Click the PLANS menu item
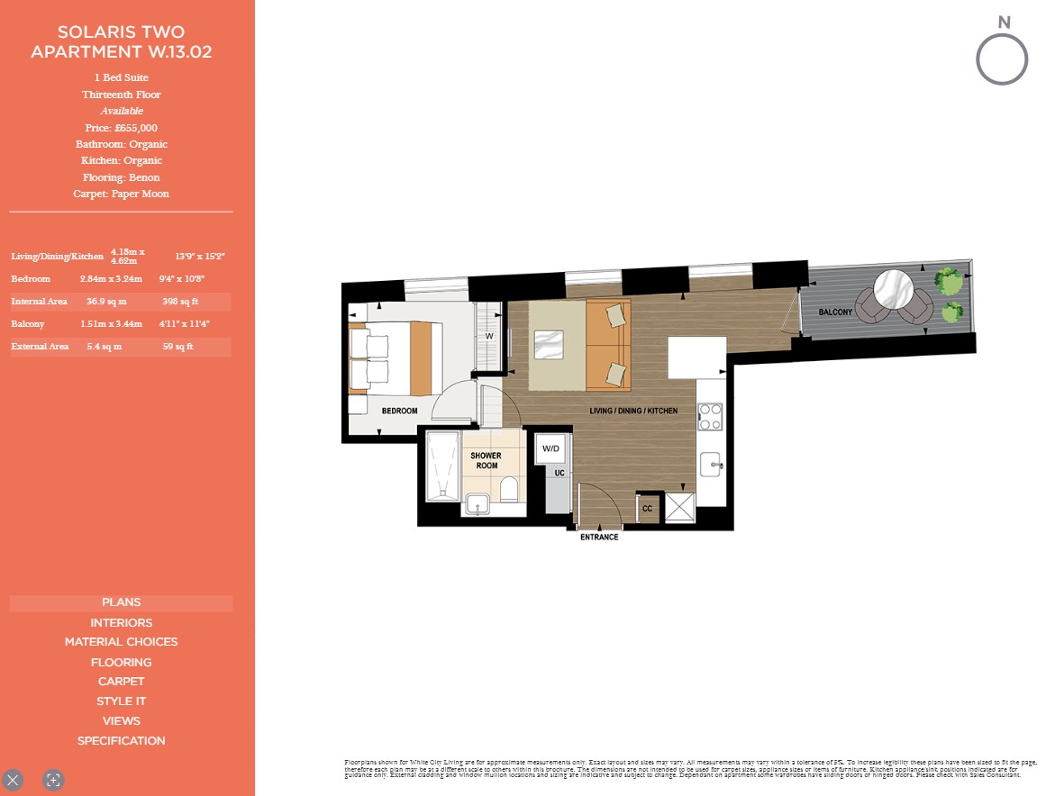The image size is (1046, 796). pos(121,602)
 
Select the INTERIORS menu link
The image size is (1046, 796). pos(121,623)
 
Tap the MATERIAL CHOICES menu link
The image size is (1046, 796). pos(121,642)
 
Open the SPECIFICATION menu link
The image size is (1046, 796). pos(121,741)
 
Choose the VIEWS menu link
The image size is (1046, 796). pos(121,721)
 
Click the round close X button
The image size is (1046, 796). pos(13,780)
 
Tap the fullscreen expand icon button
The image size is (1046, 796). pos(53,780)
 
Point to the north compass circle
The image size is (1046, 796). pos(1002,59)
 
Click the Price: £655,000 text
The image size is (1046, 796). pos(121,128)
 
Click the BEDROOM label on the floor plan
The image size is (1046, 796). pos(399,412)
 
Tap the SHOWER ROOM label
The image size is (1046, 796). pos(487,460)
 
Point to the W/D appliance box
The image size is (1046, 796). pos(550,448)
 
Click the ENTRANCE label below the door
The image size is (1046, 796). pos(599,538)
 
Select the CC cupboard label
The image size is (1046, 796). pos(648,509)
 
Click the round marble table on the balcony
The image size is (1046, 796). pos(893,291)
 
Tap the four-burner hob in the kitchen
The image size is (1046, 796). pos(710,416)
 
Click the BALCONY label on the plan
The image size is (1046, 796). pos(835,312)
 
